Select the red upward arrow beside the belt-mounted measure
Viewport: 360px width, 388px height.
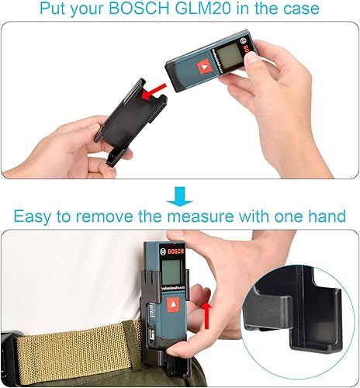[206, 314]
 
